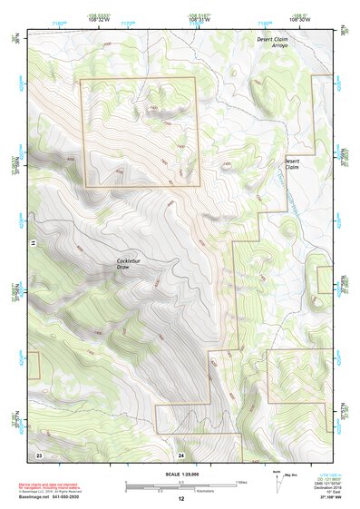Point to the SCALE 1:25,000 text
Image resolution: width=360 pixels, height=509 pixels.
point(180,475)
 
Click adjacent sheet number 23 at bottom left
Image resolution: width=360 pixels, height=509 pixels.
point(39,453)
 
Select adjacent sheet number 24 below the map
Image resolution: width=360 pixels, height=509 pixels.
point(181,454)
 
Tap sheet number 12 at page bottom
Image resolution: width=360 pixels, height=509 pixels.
point(180,499)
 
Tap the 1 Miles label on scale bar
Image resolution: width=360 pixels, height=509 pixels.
point(239,481)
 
